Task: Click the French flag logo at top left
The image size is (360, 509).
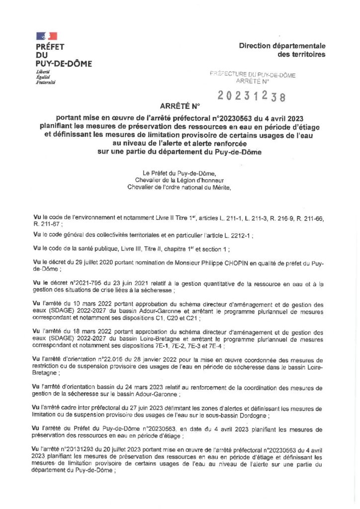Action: tap(46, 36)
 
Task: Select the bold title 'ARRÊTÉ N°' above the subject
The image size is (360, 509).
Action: tap(180, 106)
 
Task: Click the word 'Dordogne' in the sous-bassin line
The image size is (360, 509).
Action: tap(254, 415)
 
